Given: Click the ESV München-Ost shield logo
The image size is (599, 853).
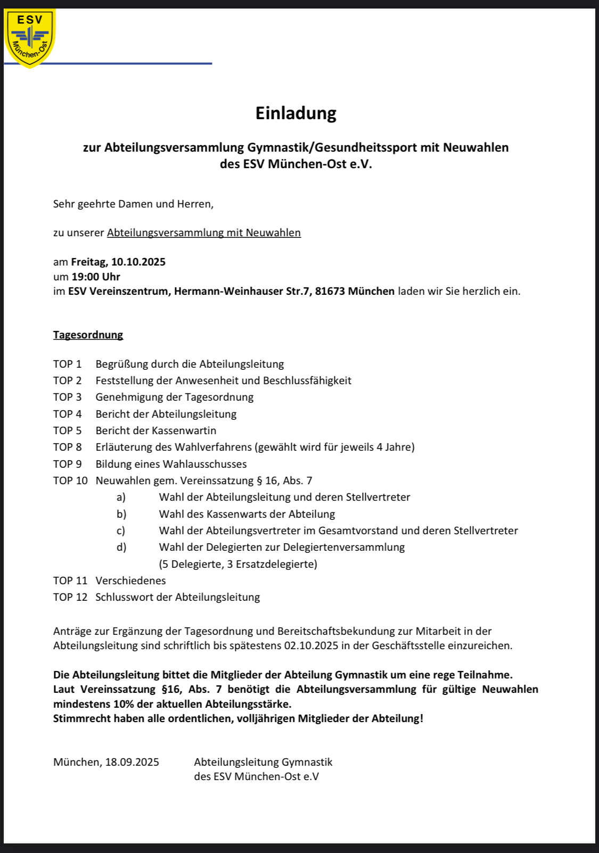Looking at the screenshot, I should coord(30,37).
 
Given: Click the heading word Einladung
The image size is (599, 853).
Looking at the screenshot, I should coord(296,113).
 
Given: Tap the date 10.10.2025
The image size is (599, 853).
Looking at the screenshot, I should coord(138,262).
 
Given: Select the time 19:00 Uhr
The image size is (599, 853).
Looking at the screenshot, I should coord(96,277).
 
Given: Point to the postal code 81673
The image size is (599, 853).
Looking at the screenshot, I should coord(330,291).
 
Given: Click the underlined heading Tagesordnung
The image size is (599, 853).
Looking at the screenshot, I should coord(88,335).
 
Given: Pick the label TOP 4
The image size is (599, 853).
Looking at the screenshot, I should coord(67,414).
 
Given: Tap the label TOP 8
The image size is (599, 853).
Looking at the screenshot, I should coord(67,447).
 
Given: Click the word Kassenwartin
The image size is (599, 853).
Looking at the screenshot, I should coord(184,430).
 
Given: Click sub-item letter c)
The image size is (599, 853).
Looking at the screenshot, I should coord(121,531).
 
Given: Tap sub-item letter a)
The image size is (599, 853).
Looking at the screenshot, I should coord(121,497).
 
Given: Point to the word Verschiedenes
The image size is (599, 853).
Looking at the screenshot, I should coord(130,581).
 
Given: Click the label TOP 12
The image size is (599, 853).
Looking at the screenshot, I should coord(70,597).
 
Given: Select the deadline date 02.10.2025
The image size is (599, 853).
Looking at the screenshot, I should coord(311,645).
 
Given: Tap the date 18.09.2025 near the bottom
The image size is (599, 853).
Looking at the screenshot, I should coord(132,762).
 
